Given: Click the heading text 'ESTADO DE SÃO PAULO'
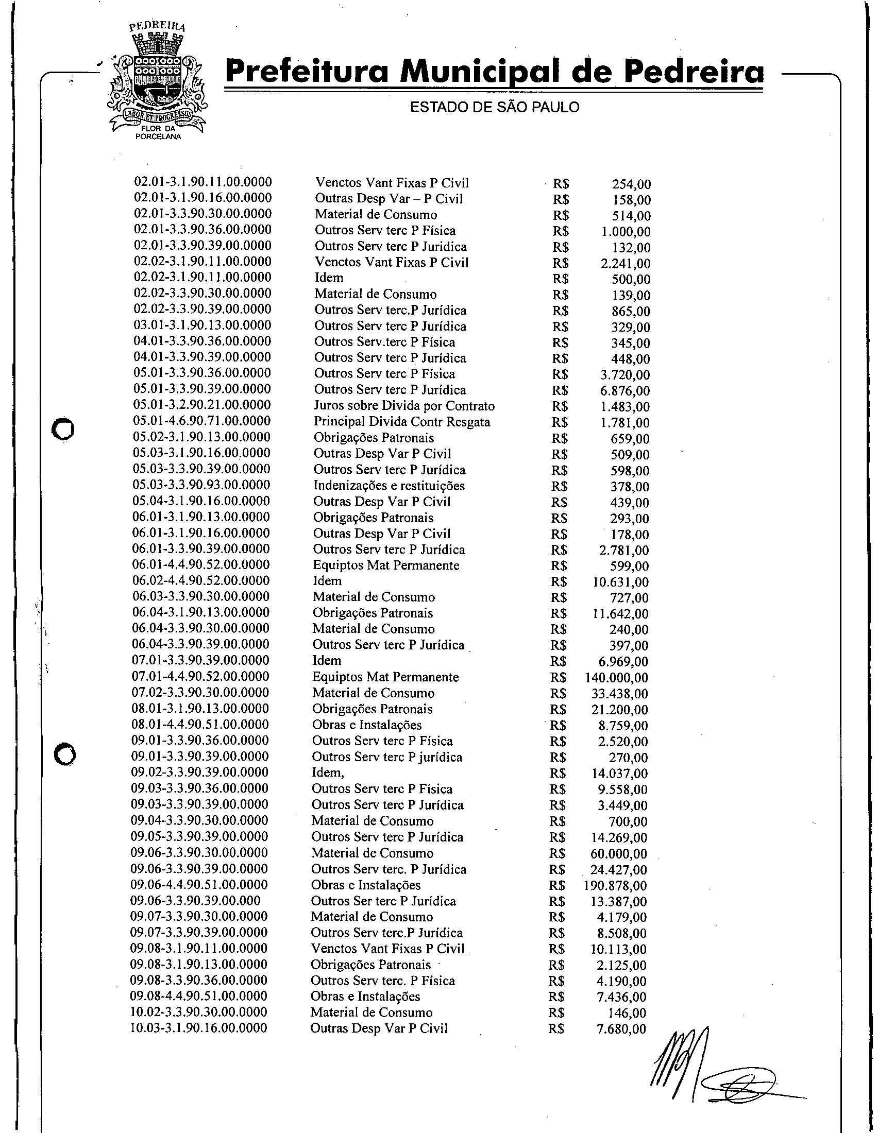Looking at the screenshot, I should pos(494,108).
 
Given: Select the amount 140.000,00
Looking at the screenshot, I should pos(616,678).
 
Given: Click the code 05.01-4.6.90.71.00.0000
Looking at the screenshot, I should pos(202,421).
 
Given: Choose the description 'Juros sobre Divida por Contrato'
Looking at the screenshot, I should pos(404,406).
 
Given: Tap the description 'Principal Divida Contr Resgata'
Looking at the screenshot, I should pos(401,422).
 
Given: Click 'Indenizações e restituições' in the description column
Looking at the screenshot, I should pos(389,486).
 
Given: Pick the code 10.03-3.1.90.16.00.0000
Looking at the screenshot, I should pos(199,1028).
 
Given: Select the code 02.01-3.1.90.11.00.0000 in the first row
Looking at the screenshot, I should pos(203,182).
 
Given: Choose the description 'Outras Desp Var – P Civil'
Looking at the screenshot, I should pos(389,199).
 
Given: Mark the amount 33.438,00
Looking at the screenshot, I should pos(619,694).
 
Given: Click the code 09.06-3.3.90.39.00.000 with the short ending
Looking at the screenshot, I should pos(196,901).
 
